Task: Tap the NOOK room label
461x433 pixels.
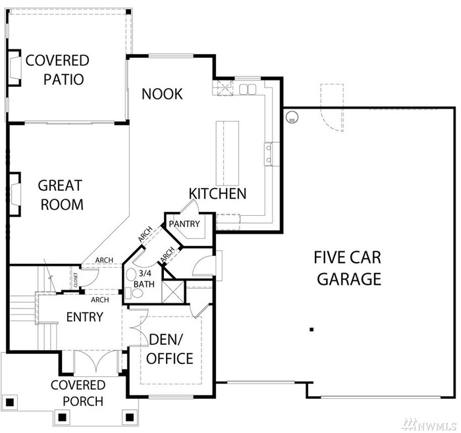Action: tap(162, 94)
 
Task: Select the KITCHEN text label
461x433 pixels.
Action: tap(217, 193)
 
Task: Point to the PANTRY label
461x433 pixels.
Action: tap(184, 224)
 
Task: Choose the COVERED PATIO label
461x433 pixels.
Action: tap(57, 70)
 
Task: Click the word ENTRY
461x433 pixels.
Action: tap(84, 317)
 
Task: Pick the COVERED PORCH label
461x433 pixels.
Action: tap(78, 393)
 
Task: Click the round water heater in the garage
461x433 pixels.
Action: tap(291, 117)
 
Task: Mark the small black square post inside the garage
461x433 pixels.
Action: tap(312, 328)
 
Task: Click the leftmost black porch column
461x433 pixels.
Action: tap(9, 401)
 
